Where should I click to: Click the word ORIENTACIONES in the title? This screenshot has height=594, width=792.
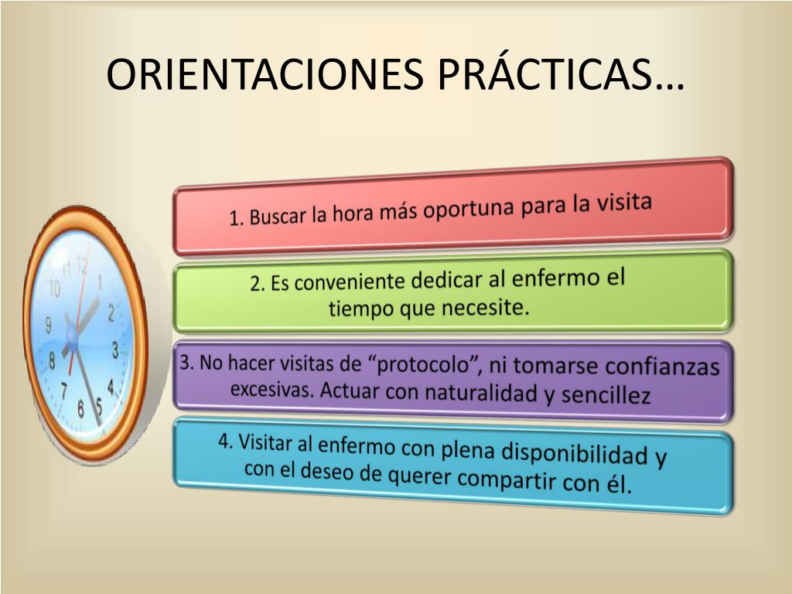[x=266, y=75]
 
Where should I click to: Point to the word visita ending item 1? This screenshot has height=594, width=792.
[x=624, y=202]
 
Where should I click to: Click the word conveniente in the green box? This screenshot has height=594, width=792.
[x=350, y=282]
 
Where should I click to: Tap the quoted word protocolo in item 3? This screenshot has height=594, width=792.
[x=425, y=365]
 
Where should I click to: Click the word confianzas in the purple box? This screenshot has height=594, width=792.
[x=662, y=366]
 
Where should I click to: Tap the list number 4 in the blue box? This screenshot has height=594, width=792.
[x=224, y=441]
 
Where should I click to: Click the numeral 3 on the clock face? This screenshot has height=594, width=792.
[x=115, y=350]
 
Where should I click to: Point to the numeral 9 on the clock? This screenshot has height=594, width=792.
[x=49, y=324]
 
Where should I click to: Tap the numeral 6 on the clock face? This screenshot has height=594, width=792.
[x=80, y=408]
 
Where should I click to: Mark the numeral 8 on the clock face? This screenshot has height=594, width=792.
[x=52, y=360]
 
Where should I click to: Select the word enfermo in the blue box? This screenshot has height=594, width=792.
[x=357, y=446]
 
